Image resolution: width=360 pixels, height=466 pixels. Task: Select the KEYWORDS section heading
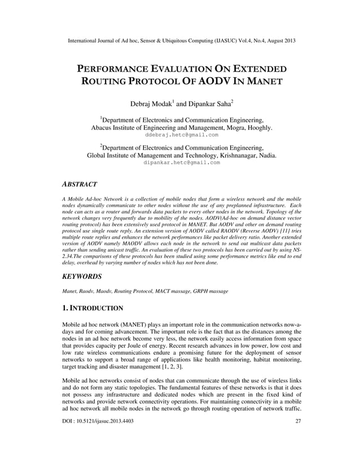[x=81, y=276]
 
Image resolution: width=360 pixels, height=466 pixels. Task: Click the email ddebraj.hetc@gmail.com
[x=181, y=135]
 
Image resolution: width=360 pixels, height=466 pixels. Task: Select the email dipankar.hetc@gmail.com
[x=181, y=162]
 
